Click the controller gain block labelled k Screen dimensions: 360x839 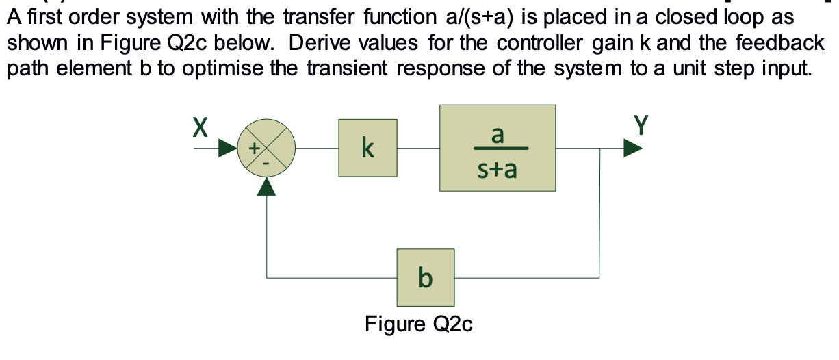(x=367, y=147)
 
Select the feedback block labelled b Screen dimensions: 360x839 (x=425, y=277)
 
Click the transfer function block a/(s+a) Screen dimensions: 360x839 (x=497, y=148)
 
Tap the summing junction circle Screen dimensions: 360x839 (x=266, y=148)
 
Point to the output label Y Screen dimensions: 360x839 (x=640, y=125)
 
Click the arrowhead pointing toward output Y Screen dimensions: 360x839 (x=632, y=148)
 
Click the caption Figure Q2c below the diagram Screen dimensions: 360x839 (x=419, y=323)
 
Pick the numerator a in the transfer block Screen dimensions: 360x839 (x=498, y=135)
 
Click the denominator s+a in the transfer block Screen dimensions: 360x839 (x=498, y=168)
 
